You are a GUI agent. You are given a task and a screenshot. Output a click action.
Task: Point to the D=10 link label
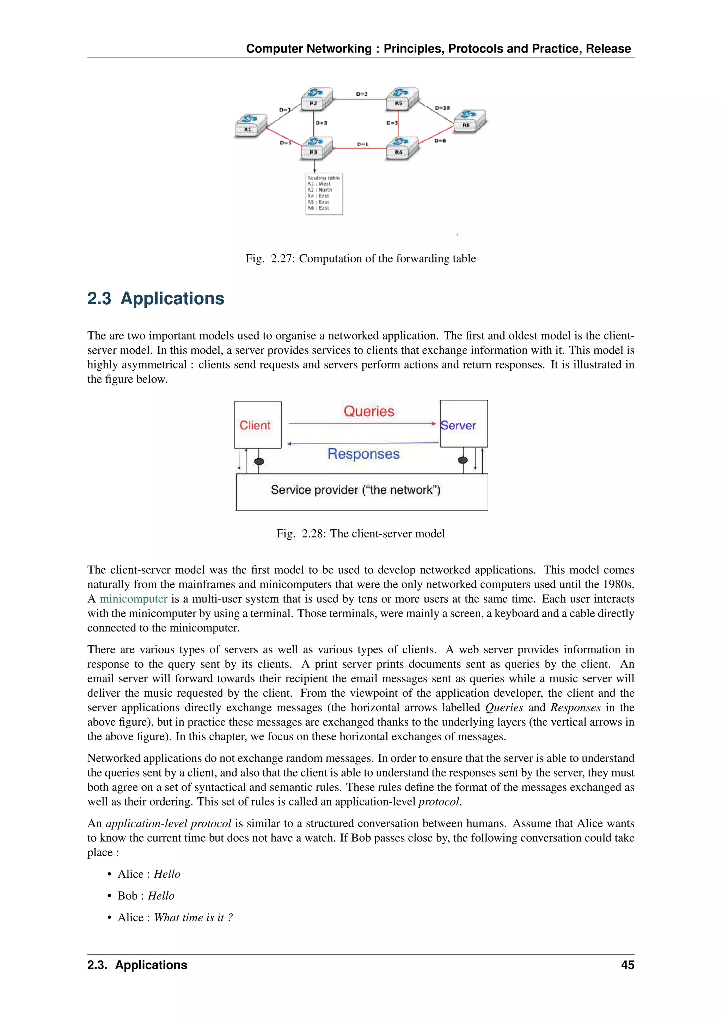click(442, 108)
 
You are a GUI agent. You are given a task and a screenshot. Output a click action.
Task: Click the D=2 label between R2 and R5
click(361, 94)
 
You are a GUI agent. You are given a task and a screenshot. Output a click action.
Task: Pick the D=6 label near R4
click(440, 141)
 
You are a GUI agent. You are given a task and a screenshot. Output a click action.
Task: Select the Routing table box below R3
click(324, 194)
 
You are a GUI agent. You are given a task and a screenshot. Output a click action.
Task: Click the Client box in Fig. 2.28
click(257, 425)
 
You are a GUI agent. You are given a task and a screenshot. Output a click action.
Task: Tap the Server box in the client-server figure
click(463, 424)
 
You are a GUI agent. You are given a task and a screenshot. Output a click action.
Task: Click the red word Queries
click(368, 411)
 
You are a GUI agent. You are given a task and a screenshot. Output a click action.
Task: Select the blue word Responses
click(363, 454)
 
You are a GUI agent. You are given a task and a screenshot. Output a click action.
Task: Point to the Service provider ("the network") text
click(355, 490)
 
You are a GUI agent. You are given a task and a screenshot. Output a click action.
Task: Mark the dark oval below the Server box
click(463, 460)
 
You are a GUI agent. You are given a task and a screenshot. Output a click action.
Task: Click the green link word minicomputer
click(133, 599)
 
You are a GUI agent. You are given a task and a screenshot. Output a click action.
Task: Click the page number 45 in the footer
click(627, 965)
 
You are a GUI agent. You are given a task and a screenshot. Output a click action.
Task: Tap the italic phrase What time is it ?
click(193, 918)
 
